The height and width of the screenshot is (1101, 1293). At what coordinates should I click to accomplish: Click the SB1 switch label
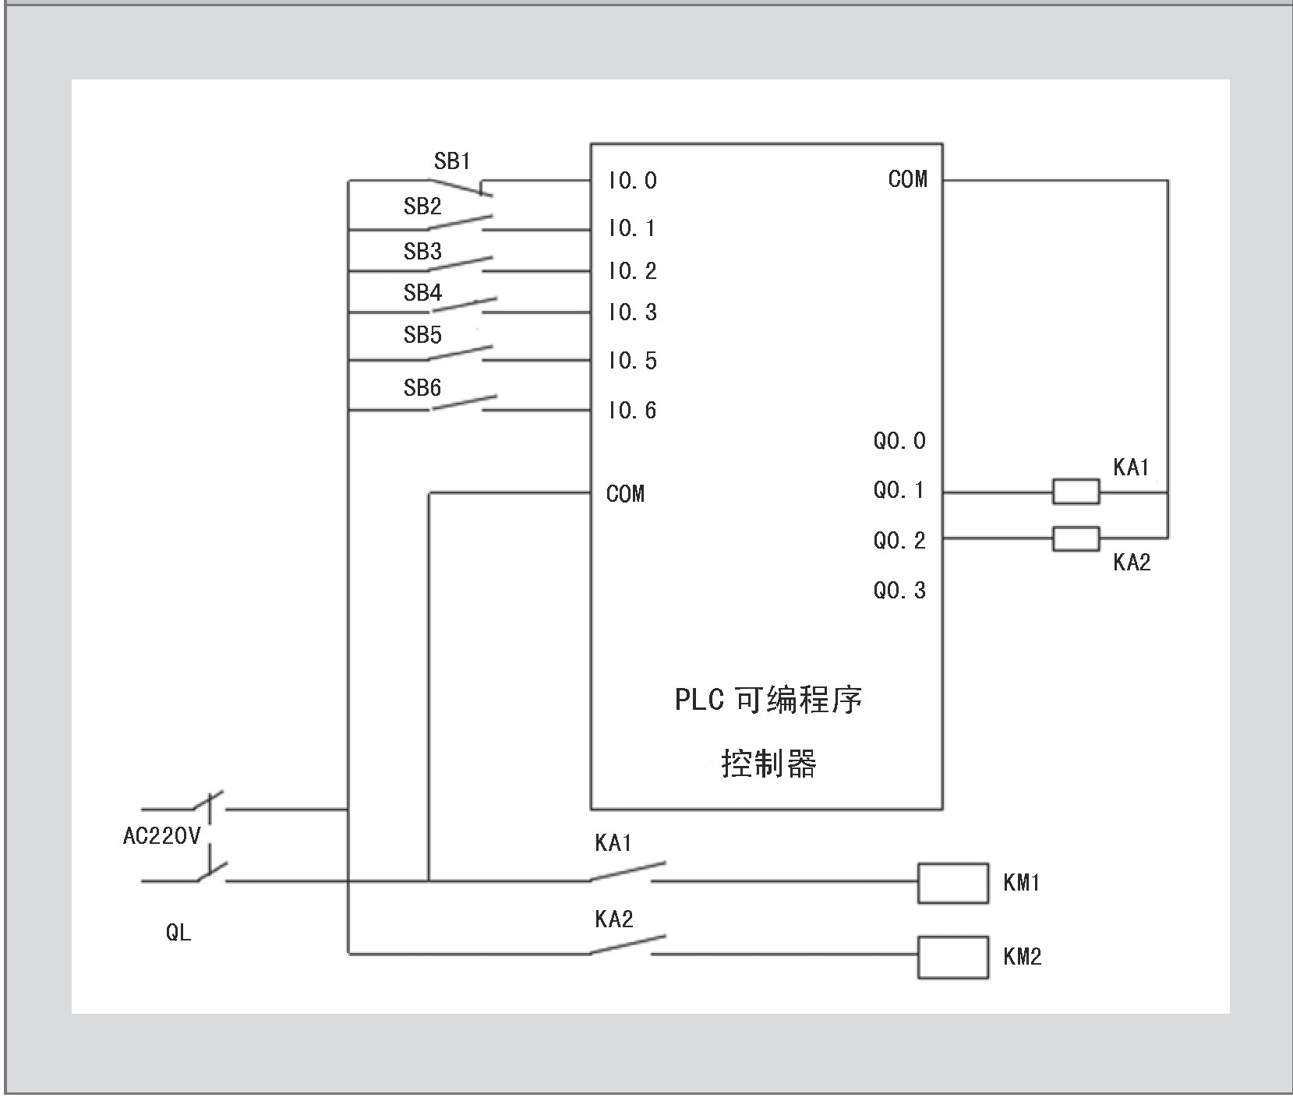point(452,161)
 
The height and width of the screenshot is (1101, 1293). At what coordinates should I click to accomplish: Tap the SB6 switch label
point(422,387)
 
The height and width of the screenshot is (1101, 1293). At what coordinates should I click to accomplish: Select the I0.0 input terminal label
point(633,181)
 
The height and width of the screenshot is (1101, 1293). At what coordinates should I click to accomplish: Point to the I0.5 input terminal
point(633,361)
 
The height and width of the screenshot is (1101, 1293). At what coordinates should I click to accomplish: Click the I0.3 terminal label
point(633,312)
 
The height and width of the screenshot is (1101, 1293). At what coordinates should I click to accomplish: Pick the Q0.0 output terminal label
point(899,441)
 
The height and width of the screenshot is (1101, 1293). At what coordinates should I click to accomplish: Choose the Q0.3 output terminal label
point(899,591)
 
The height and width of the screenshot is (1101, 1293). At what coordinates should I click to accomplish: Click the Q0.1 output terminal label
point(899,490)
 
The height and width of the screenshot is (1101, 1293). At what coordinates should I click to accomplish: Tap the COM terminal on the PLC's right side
point(908,179)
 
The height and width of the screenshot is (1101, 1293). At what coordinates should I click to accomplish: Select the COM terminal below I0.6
point(625,493)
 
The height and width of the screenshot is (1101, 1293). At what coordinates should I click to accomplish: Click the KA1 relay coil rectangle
point(1076,492)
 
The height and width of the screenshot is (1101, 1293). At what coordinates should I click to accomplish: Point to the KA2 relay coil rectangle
point(1076,538)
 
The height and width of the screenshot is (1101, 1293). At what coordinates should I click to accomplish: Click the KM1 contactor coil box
point(952,883)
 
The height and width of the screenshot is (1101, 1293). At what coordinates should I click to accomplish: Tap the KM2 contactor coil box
point(952,957)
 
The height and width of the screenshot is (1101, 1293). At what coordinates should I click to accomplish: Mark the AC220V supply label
point(162,837)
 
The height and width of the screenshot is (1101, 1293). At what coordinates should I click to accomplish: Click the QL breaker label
point(178,932)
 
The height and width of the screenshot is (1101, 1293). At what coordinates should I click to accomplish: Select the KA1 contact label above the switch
point(613,843)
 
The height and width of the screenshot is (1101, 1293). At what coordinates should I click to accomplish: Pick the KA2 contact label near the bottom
point(613,919)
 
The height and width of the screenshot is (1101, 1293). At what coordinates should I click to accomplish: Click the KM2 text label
point(1023,956)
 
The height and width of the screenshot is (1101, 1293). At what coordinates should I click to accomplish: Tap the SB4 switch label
point(422,293)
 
